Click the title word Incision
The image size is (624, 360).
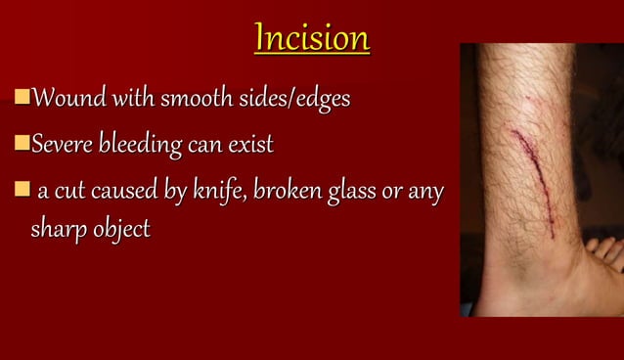311,39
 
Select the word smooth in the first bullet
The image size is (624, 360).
199,99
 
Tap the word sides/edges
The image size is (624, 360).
297,100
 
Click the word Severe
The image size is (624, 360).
63,146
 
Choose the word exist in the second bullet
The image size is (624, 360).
249,146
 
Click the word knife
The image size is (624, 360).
221,192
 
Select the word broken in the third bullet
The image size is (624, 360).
286,192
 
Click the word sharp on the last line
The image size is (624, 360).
47,231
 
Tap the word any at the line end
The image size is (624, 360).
425,193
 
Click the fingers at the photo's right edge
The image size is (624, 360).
607,252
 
